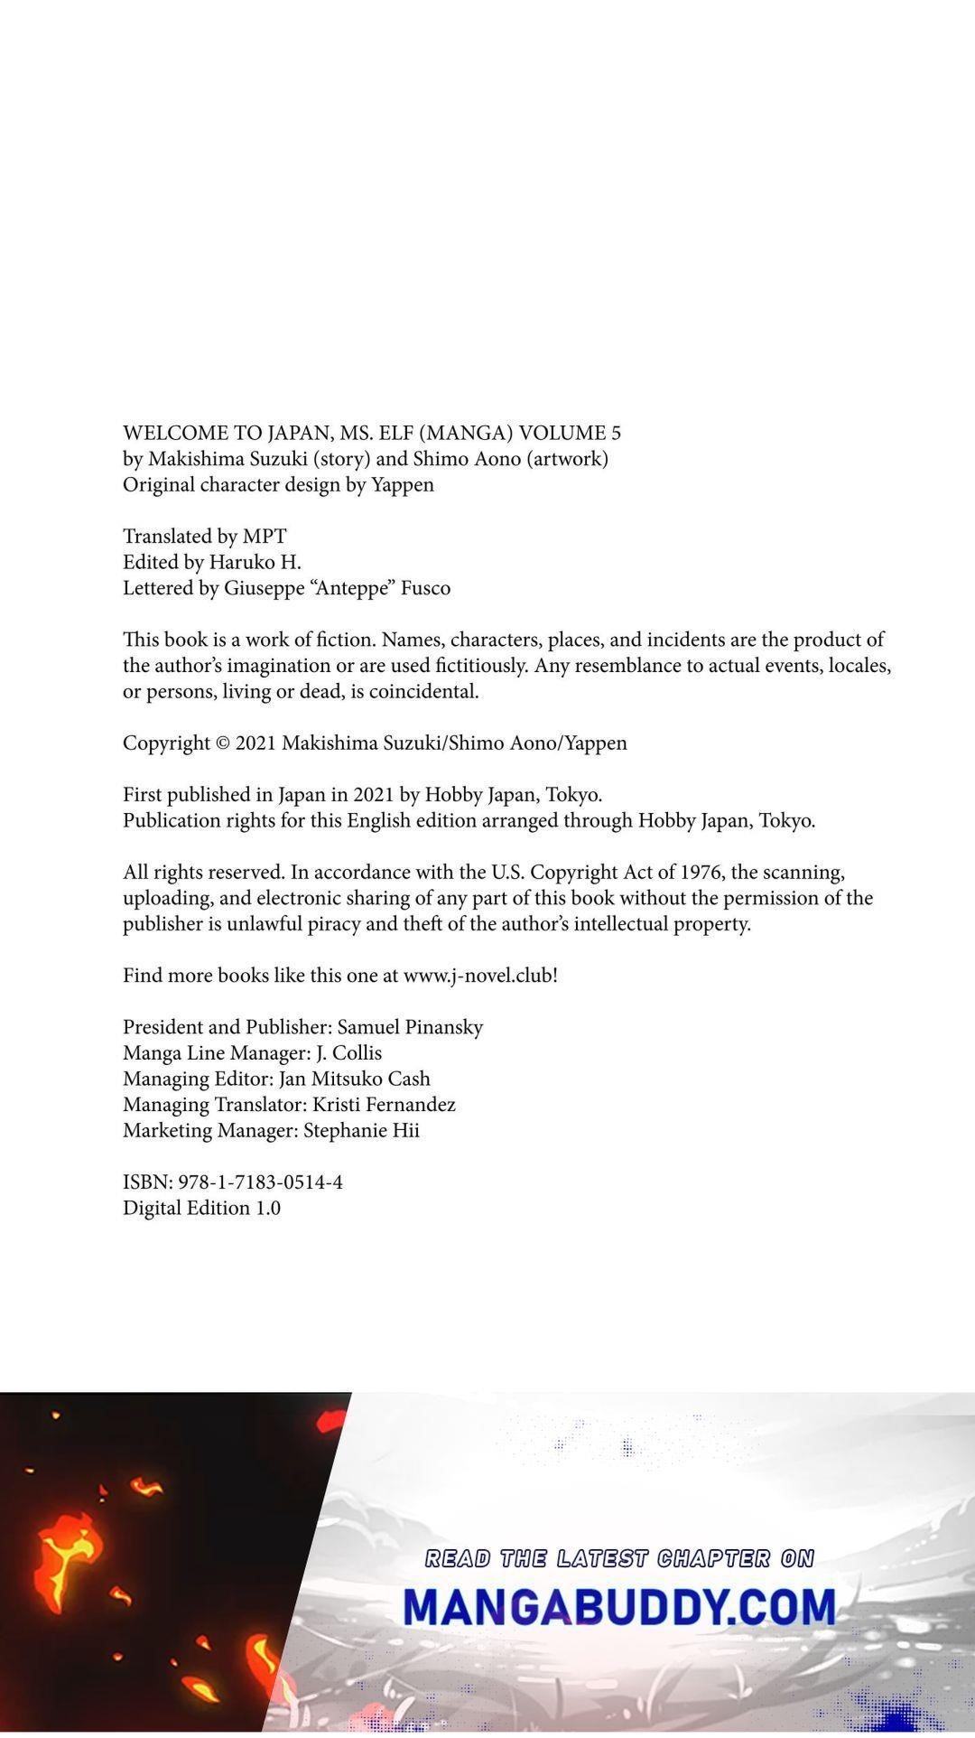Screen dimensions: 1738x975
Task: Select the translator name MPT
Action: (x=265, y=537)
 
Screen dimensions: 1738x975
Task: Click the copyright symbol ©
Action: (x=224, y=743)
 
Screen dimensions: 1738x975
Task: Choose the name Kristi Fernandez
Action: (x=384, y=1105)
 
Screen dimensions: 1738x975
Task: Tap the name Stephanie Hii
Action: (x=361, y=1131)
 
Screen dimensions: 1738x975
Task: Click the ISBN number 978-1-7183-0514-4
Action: (x=260, y=1182)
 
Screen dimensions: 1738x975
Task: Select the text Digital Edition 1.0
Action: (x=201, y=1209)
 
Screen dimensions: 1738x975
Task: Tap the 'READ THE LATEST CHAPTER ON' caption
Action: (x=619, y=1558)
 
